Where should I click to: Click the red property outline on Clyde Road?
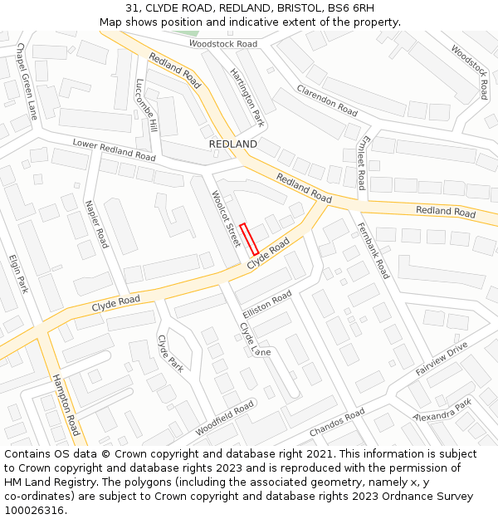249,239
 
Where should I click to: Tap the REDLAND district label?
233,144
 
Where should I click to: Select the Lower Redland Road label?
114,150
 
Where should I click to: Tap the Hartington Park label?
247,97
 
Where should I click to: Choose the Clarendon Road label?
327,100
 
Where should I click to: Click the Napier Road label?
96,223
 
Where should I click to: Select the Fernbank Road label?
373,250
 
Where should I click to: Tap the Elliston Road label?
267,303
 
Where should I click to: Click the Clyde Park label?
169,353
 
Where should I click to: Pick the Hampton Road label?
66,404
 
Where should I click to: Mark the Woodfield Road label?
224,419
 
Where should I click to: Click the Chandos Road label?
336,423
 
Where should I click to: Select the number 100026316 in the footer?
34,510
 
